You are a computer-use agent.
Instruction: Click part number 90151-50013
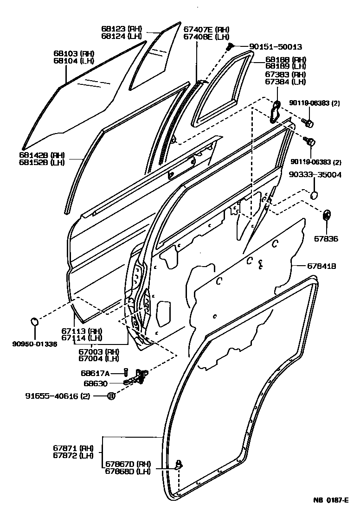[269, 47]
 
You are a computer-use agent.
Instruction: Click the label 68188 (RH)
[286, 60]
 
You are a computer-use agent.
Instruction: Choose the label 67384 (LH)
[285, 82]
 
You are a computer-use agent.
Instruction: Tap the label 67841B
[321, 266]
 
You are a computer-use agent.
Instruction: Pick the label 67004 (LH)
[98, 358]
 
